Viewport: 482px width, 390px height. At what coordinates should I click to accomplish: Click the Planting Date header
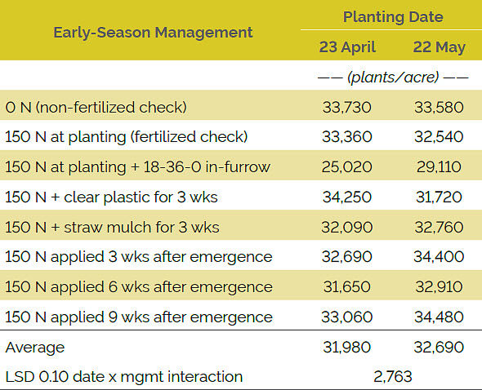(393, 16)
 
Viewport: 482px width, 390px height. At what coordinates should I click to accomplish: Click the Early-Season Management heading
(153, 33)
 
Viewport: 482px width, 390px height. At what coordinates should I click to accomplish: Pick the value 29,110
(439, 166)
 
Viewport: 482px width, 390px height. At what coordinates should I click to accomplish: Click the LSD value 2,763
(394, 376)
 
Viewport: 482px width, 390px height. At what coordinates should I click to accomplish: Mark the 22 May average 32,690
(439, 347)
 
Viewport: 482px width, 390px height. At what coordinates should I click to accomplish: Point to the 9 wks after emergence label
(139, 317)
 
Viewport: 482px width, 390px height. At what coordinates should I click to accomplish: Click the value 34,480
(439, 317)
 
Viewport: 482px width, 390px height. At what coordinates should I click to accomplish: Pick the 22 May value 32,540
(439, 136)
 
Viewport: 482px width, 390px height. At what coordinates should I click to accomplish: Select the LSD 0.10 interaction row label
(124, 376)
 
